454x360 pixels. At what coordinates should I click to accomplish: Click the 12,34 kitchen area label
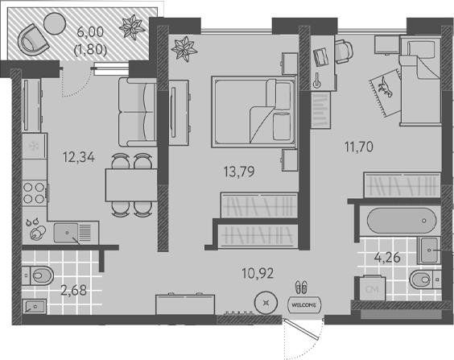tap(79, 157)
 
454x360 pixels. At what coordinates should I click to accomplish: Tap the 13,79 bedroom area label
tap(239, 172)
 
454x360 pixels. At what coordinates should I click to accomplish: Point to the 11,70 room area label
tap(359, 147)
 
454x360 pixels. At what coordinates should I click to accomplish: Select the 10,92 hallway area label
tap(258, 273)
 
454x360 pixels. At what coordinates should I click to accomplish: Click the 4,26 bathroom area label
tap(387, 257)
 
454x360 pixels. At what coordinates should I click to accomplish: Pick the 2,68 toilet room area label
tap(73, 290)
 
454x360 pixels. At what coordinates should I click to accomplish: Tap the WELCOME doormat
tap(303, 304)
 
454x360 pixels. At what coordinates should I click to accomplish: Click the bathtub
tap(402, 221)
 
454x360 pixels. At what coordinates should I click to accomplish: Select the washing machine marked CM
tap(372, 288)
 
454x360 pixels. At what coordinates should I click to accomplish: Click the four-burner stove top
tap(34, 192)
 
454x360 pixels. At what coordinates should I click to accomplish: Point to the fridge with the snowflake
tap(34, 146)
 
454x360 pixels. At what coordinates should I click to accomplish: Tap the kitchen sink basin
tap(66, 233)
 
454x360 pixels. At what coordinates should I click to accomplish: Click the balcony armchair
tap(31, 40)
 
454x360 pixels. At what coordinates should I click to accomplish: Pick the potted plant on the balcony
tap(132, 27)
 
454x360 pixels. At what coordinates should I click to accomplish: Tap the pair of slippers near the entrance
tap(301, 287)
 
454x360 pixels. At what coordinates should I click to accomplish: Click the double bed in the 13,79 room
tap(254, 112)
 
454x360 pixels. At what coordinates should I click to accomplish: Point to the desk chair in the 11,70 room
tap(344, 52)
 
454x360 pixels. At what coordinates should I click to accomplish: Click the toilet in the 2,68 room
tap(38, 275)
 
